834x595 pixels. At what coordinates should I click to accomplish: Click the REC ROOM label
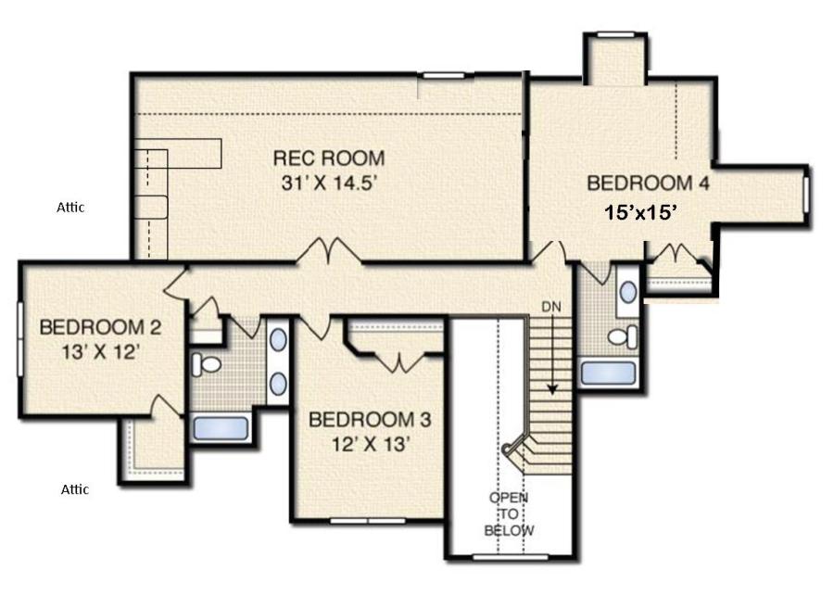point(328,158)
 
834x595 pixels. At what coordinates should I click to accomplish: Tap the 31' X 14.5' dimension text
point(329,184)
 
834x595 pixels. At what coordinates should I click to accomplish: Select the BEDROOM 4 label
point(648,184)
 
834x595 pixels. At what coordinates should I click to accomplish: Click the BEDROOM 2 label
point(100,327)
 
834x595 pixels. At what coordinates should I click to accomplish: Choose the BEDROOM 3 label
point(370,420)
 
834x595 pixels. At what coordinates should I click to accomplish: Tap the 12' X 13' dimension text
point(370,444)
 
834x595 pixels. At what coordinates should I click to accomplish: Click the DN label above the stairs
point(551,307)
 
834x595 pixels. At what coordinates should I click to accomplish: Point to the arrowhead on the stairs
point(552,390)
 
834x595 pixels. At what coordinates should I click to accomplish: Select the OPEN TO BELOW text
point(509,513)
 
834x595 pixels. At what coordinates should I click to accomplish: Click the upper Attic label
point(70,208)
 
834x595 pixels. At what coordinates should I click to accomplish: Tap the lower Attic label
point(74,489)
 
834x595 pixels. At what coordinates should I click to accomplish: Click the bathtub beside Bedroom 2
point(221,428)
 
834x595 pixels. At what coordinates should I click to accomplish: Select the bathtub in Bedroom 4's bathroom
point(608,373)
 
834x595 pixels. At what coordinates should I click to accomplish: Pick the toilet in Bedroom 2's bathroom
point(206,364)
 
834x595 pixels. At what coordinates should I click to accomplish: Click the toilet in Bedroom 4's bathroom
point(623,336)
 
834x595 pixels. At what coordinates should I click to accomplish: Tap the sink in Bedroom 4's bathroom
point(628,293)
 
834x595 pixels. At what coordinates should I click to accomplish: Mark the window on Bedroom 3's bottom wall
point(368,521)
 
